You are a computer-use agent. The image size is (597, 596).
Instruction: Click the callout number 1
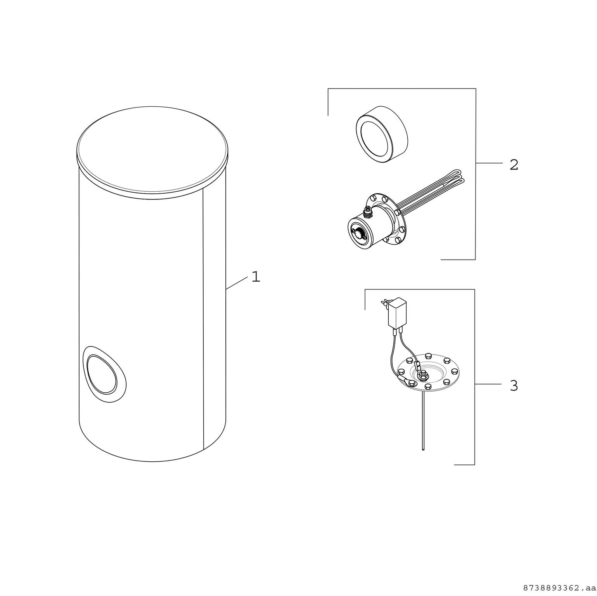[x=256, y=277]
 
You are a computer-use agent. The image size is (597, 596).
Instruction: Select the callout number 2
[x=514, y=165]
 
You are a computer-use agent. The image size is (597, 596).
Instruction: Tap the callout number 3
[x=514, y=386]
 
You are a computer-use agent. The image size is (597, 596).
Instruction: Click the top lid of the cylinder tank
[x=152, y=149]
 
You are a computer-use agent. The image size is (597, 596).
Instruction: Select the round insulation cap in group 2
[x=382, y=134]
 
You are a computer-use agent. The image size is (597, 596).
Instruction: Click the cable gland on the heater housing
[x=367, y=212]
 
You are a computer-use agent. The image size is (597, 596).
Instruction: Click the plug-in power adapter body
[x=398, y=313]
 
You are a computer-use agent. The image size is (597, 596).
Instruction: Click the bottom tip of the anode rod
[x=423, y=449]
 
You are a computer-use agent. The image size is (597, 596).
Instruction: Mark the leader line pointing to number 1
[x=237, y=283]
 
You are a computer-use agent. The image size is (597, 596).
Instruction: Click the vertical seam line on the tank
[x=203, y=318]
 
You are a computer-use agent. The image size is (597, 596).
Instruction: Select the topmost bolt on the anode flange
[x=428, y=355]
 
